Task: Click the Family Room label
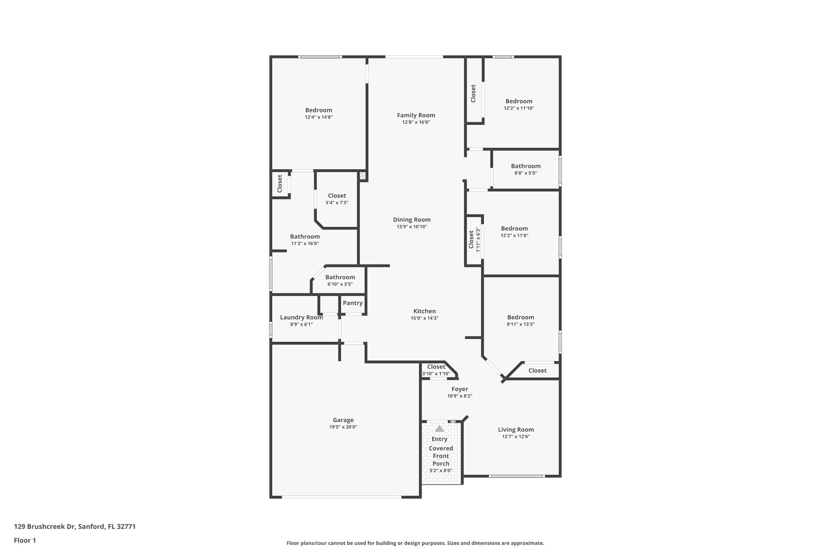pos(416,115)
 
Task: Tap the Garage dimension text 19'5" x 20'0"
pos(343,427)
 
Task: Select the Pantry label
pos(353,303)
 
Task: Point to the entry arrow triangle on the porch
pos(439,429)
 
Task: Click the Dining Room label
pos(412,220)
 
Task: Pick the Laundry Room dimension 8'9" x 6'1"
pos(301,324)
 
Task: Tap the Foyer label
pos(460,389)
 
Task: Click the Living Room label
pos(516,429)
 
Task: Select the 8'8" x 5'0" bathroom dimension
pos(526,173)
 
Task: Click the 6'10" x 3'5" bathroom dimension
pos(340,284)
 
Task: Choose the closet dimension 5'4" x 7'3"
pos(337,203)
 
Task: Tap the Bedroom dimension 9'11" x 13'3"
pos(521,324)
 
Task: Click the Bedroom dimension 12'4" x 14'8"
pos(319,117)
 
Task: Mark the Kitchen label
pos(424,311)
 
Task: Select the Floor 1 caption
pos(25,540)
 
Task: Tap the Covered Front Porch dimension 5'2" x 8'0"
pos(441,471)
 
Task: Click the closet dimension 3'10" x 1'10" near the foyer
pos(436,374)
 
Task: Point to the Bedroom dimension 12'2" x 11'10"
pos(519,108)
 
